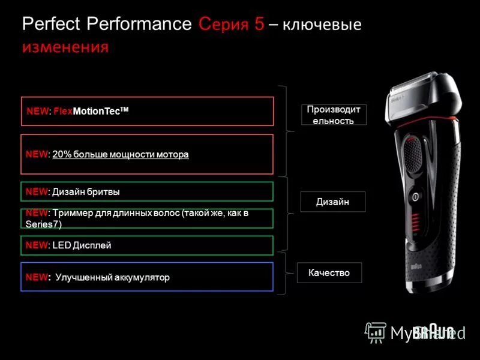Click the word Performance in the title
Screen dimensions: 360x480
point(139,25)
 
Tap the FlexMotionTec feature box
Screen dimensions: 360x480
point(147,111)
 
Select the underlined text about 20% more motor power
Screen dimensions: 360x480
point(120,155)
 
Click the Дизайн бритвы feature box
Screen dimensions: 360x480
point(147,191)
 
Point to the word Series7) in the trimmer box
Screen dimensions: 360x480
point(44,224)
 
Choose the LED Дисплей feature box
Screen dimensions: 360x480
point(147,245)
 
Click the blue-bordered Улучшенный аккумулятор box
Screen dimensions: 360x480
point(147,277)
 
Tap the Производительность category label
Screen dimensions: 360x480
point(334,115)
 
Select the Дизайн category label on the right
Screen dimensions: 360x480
point(332,202)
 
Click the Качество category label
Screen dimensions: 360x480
point(329,272)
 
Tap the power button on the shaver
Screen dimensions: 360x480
point(415,197)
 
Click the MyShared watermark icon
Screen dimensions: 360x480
point(376,332)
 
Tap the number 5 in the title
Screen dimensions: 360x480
point(259,25)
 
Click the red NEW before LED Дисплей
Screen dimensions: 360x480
point(37,245)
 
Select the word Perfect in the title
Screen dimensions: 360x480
point(52,25)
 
